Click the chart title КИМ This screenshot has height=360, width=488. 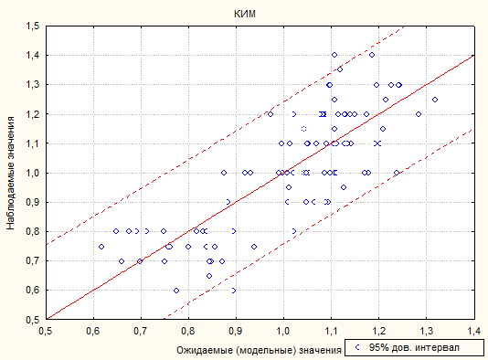click(x=245, y=14)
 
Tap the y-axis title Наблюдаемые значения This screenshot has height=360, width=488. click(x=11, y=173)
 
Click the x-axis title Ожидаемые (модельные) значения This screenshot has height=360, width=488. click(x=259, y=350)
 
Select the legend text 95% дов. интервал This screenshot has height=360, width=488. click(x=414, y=347)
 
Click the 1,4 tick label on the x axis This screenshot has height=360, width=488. click(x=474, y=331)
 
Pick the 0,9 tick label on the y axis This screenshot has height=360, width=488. click(x=33, y=202)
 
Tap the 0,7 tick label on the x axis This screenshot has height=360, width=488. click(x=141, y=331)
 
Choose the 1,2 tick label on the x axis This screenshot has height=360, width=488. click(x=378, y=331)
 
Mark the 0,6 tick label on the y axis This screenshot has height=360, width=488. click(x=33, y=291)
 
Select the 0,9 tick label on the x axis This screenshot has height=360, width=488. click(x=236, y=331)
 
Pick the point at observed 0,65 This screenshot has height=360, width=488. click(x=209, y=276)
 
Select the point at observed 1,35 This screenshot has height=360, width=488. click(x=340, y=69)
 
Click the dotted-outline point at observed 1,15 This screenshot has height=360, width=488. click(x=303, y=129)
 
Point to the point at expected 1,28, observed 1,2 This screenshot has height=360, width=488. click(x=419, y=114)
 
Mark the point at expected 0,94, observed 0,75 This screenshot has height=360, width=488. click(x=254, y=247)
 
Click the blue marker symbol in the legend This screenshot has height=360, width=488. click(x=357, y=347)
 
